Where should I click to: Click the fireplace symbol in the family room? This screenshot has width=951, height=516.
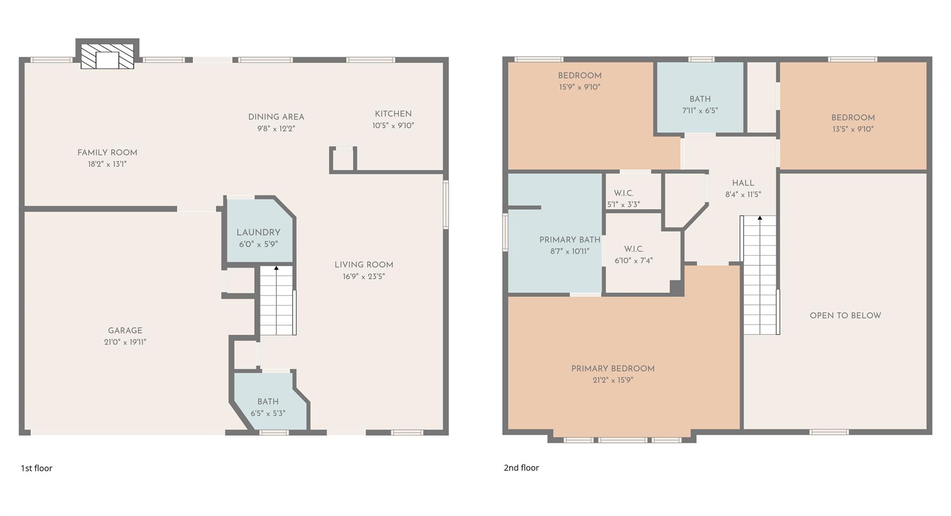(x=107, y=57)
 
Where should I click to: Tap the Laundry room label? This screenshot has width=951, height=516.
(x=258, y=233)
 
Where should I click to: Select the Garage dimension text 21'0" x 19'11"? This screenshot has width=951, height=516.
(x=125, y=342)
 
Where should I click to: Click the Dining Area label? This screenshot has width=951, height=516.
(x=276, y=117)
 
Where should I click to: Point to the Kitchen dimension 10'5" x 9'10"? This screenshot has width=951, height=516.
(x=393, y=125)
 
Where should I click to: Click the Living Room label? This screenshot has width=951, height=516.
(x=364, y=265)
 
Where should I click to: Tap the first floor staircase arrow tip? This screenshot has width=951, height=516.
(x=276, y=268)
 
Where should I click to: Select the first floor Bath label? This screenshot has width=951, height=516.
(x=268, y=402)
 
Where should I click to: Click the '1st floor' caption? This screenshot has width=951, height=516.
(x=36, y=468)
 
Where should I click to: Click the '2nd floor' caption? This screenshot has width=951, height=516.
(x=521, y=468)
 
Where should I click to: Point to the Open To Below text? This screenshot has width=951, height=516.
(x=845, y=316)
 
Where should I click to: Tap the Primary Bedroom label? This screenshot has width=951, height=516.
(x=612, y=369)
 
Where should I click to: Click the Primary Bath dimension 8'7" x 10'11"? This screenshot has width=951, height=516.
(x=570, y=251)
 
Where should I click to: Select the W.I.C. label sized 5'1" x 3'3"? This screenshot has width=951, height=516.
(x=624, y=193)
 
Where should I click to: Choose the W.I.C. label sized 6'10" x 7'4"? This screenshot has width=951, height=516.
(x=633, y=249)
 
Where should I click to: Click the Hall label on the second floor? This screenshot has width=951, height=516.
(x=743, y=183)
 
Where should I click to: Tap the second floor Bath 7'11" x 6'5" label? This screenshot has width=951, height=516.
(x=700, y=99)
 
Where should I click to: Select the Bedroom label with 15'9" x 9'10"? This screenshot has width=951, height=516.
(x=580, y=76)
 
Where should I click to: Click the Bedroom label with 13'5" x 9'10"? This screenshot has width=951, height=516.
(x=853, y=118)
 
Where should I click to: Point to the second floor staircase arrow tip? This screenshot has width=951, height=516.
(x=760, y=218)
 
